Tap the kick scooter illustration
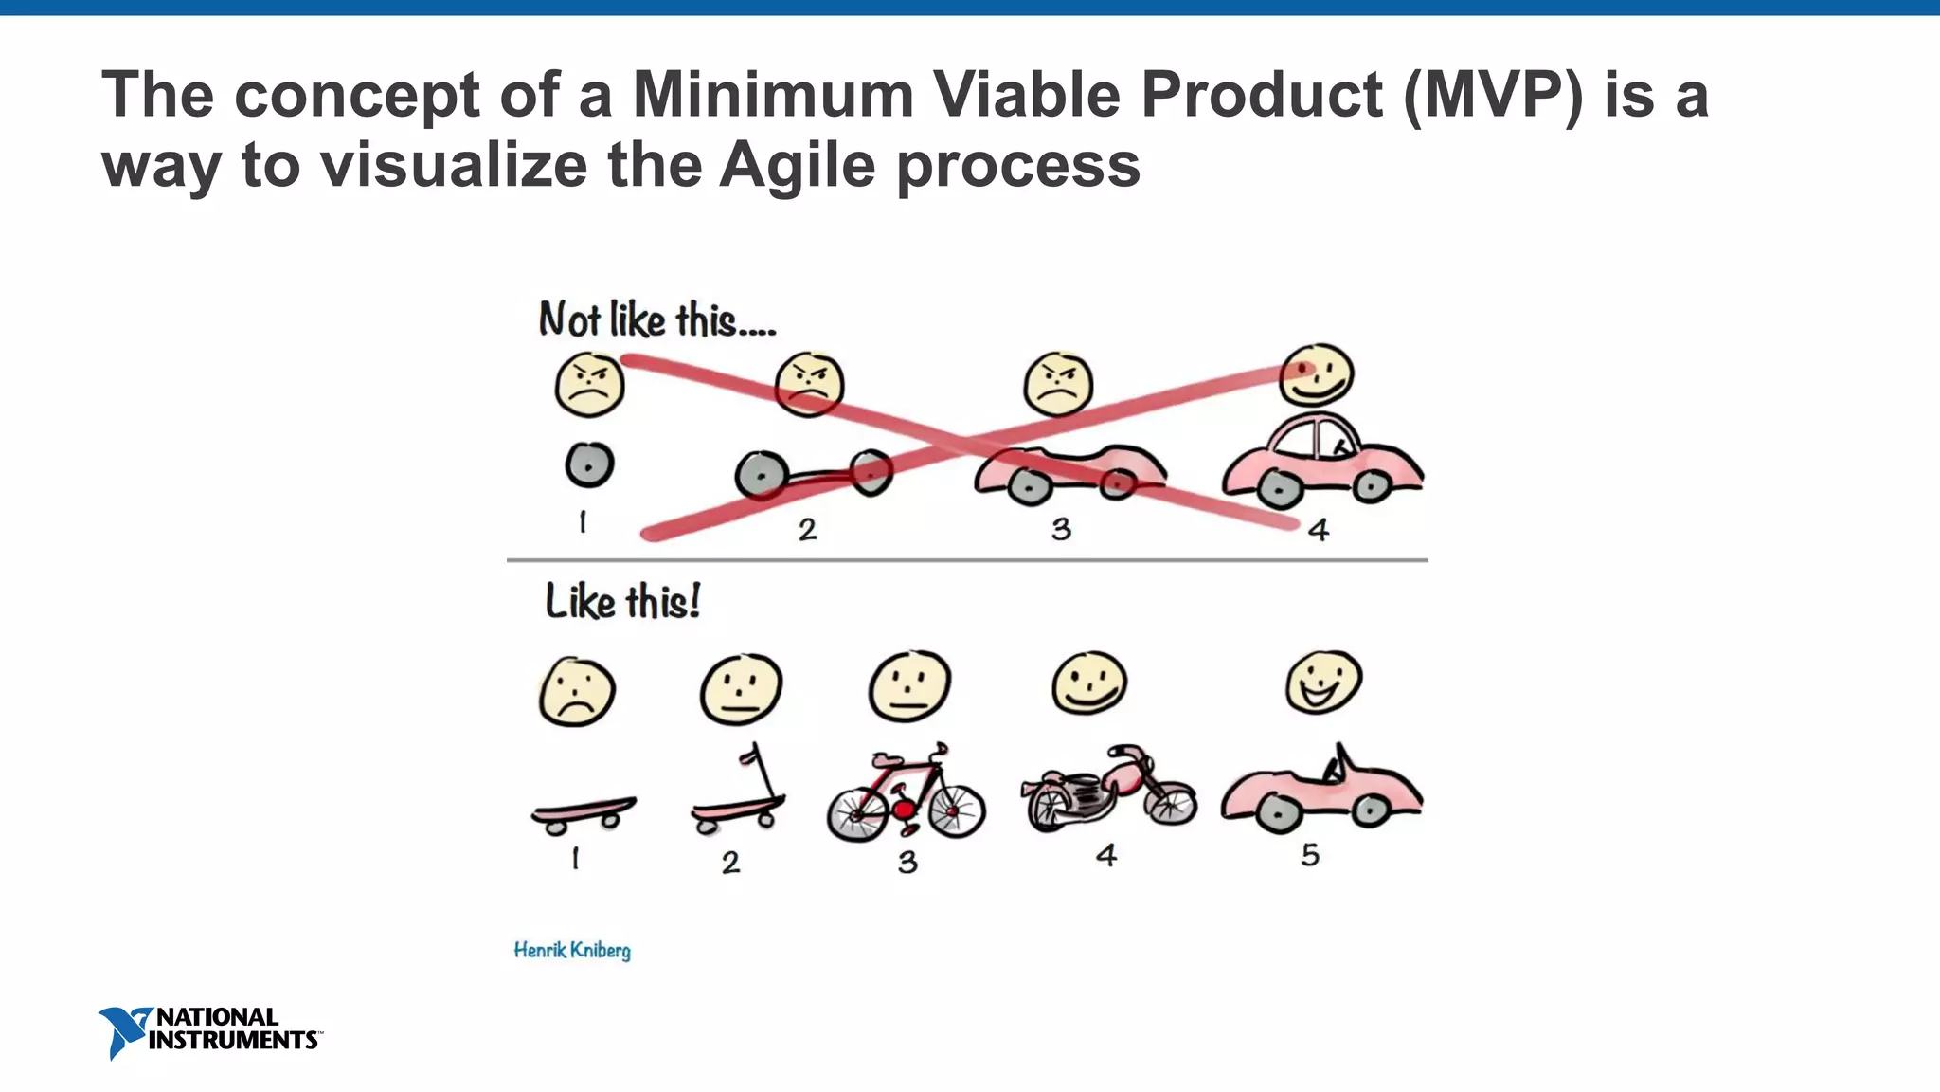739,796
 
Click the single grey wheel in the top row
589,465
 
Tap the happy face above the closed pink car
1316,374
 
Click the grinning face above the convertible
1323,682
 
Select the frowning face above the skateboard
577,692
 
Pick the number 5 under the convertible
1310,855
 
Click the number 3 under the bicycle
907,862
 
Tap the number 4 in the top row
1319,530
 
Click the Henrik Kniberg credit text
572,950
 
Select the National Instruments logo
209,1031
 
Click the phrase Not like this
657,320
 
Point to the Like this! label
622,602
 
